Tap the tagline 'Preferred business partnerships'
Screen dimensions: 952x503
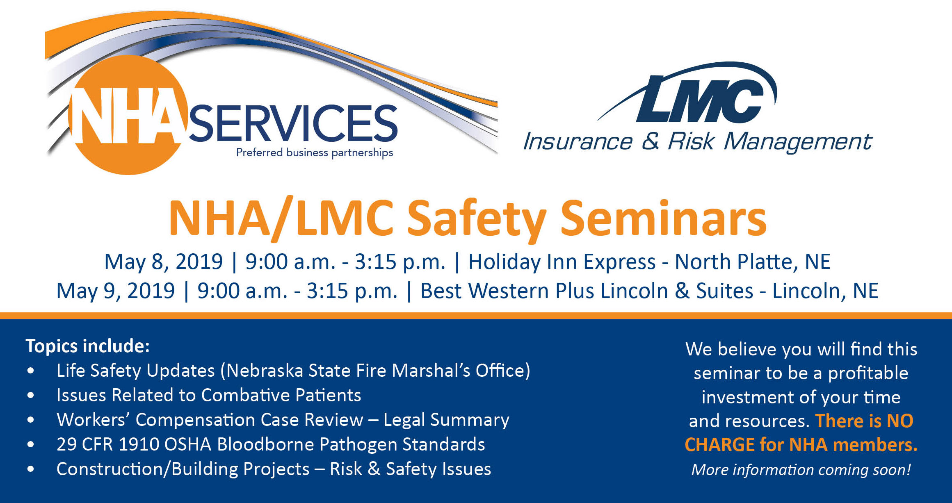tap(315, 153)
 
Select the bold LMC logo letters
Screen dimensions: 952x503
tap(700, 99)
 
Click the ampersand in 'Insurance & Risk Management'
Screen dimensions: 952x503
tap(651, 142)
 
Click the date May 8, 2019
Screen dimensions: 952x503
tap(163, 262)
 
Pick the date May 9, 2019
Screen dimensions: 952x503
tap(115, 291)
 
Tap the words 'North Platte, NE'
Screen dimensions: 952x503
tap(753, 262)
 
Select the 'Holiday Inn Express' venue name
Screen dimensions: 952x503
tap(562, 262)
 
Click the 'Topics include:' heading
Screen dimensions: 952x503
tap(88, 346)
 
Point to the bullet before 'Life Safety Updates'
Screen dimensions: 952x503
tap(31, 371)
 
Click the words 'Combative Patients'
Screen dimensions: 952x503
tap(281, 396)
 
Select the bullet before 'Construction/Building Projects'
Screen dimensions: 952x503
tap(31, 470)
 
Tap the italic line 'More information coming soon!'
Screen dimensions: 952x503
tap(801, 470)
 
